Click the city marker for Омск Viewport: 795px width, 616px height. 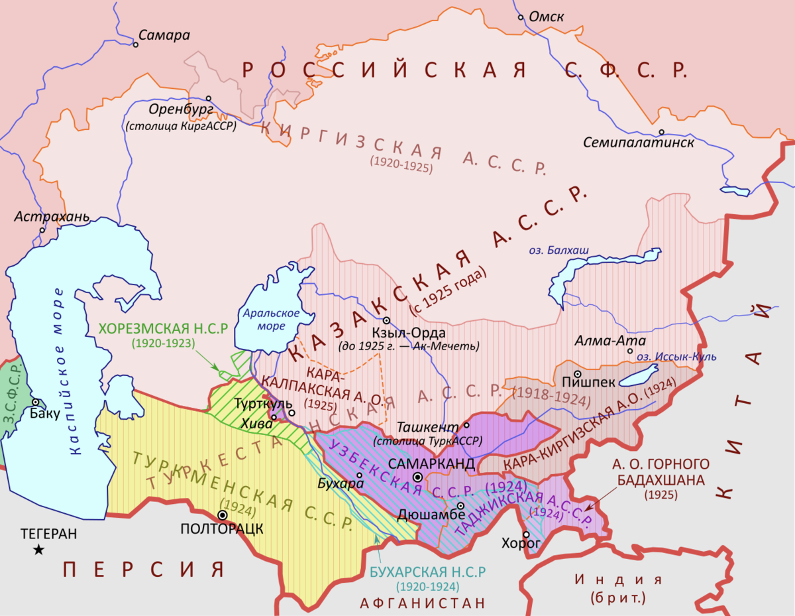(521, 17)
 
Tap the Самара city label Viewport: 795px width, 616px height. (164, 35)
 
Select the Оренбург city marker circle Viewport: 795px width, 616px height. (209, 97)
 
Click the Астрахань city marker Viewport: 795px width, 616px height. (42, 230)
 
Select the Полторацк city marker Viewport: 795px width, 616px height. (223, 515)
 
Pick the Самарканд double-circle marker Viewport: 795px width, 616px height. (417, 477)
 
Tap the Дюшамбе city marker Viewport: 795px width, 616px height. (460, 506)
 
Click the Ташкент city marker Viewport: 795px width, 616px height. (466, 425)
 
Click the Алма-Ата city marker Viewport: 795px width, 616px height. (631, 351)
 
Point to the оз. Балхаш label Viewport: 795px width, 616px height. (558, 250)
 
